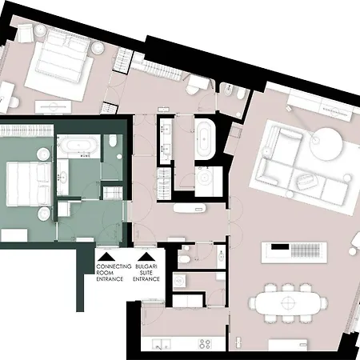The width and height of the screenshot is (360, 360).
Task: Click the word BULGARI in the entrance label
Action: [146, 266]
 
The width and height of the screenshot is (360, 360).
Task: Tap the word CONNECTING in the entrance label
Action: [114, 266]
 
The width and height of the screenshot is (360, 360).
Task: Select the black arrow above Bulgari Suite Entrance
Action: [146, 257]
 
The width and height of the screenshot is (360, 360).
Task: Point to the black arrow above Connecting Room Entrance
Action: [106, 257]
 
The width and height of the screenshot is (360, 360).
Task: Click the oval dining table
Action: [287, 302]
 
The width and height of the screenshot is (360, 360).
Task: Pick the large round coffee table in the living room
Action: [326, 144]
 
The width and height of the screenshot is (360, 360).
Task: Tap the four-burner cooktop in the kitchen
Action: [205, 344]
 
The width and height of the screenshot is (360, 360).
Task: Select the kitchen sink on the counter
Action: [161, 344]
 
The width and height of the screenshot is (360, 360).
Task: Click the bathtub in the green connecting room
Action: [79, 146]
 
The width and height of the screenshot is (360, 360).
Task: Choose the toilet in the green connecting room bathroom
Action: [113, 140]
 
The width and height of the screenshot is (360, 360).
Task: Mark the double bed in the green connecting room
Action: [29, 184]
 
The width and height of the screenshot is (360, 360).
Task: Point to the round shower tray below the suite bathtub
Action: [205, 178]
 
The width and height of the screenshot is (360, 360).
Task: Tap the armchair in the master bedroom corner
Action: [26, 33]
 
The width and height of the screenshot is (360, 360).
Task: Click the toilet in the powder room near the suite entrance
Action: [183, 259]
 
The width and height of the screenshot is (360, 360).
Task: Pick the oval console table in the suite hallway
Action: [190, 208]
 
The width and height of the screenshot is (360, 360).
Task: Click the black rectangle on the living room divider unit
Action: [280, 247]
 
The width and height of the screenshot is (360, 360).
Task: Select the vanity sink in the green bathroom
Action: [63, 176]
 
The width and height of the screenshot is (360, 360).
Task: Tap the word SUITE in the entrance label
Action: [146, 273]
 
